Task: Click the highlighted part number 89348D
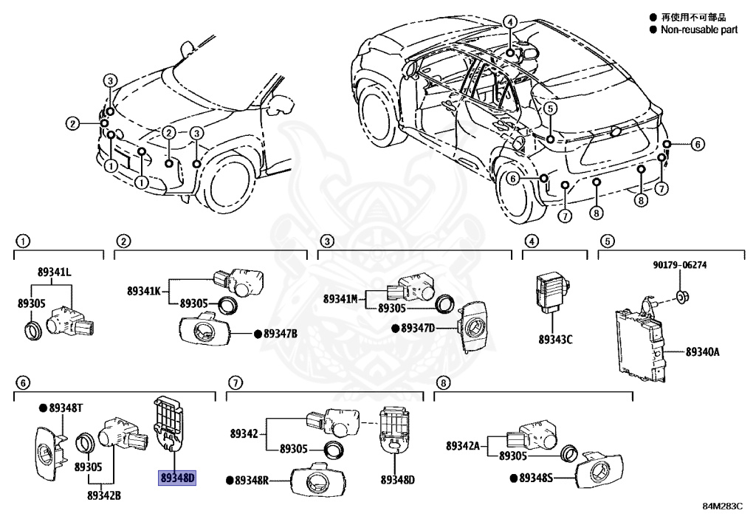coord(177,478)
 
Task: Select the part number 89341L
coord(55,272)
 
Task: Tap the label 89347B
coord(281,334)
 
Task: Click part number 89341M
coord(340,298)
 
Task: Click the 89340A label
coord(702,352)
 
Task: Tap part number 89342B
coord(103,495)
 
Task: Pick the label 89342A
coord(463,445)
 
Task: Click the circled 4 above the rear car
coord(510,22)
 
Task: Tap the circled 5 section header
coord(606,241)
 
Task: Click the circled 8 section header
coord(442,382)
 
